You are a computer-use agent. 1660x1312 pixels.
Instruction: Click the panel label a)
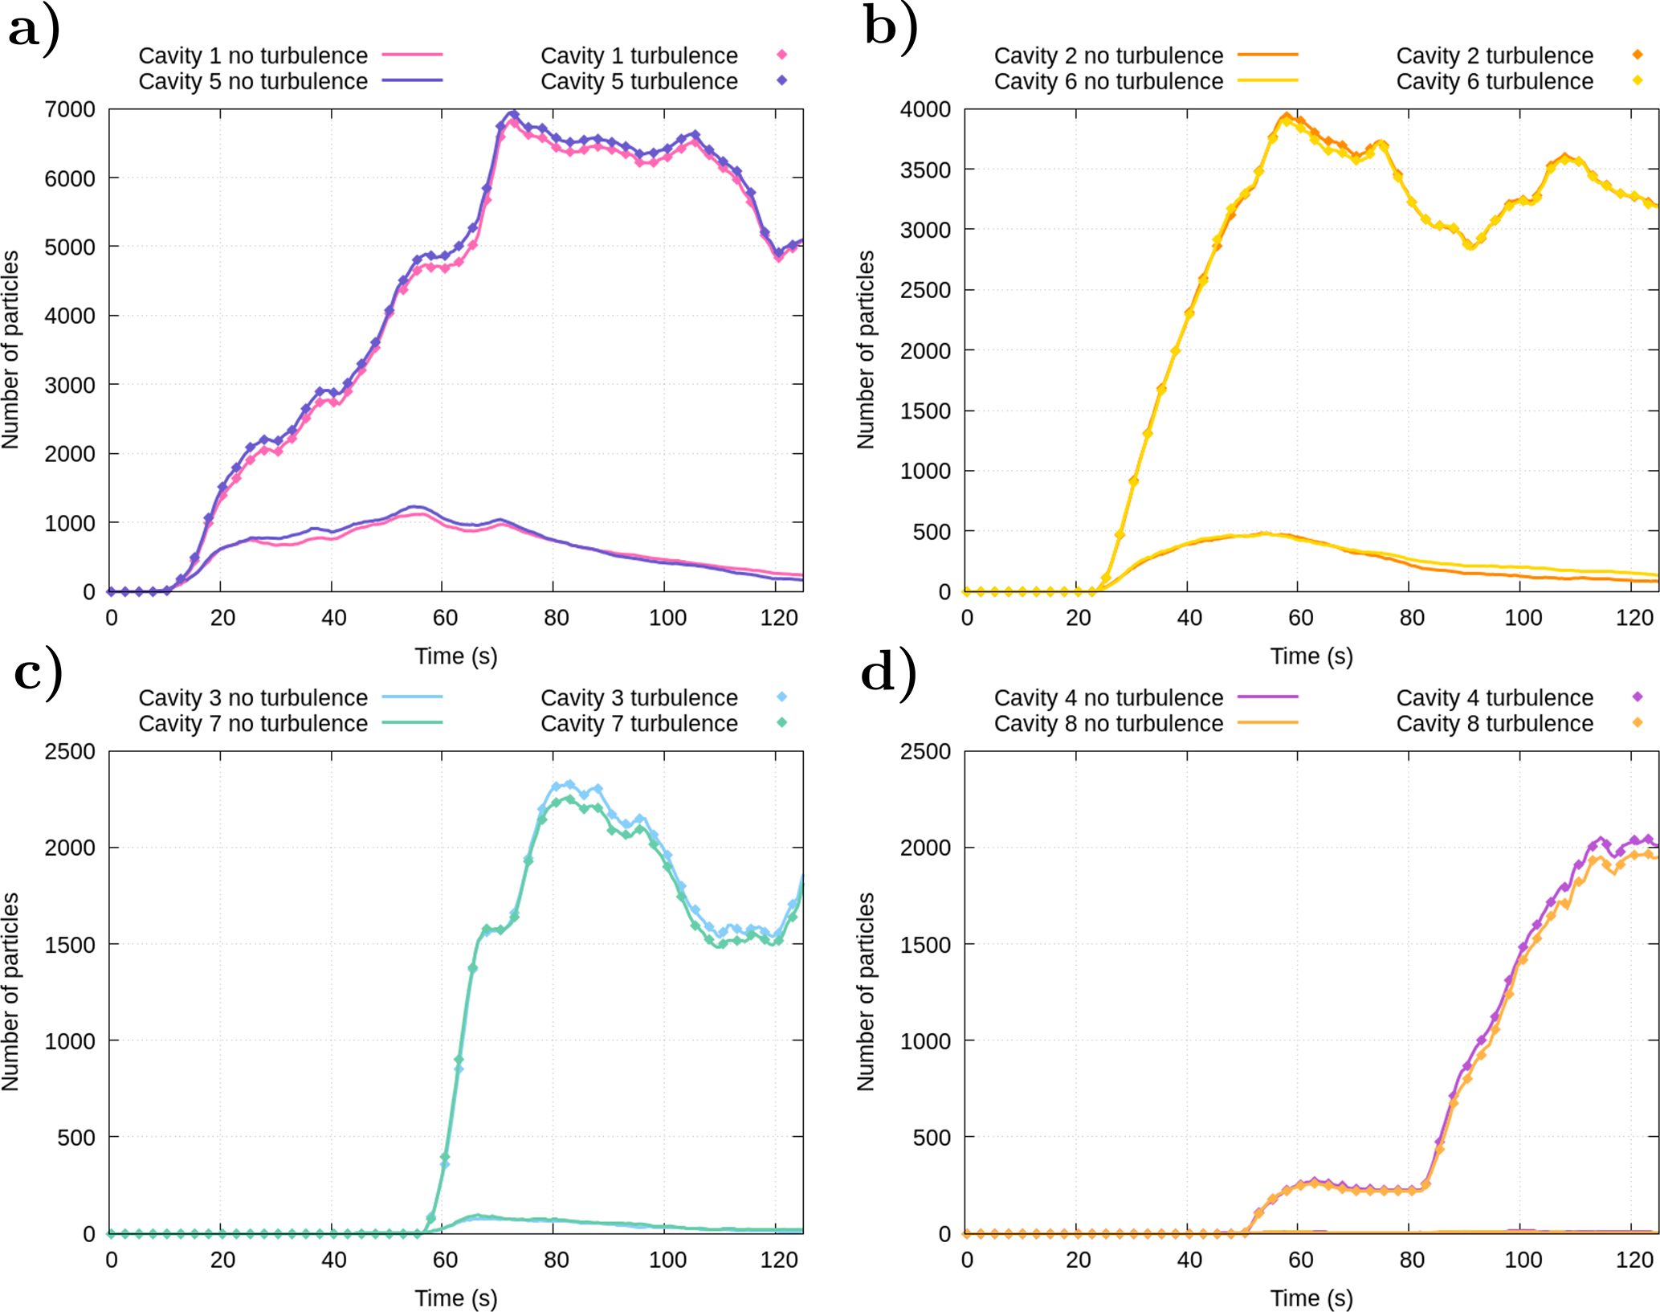tap(34, 31)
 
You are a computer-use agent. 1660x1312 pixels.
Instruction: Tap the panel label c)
tap(38, 673)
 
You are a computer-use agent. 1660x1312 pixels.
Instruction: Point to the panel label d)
tap(888, 673)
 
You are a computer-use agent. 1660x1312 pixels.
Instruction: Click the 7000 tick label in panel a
tap(70, 109)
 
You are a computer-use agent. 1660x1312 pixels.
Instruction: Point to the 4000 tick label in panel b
tap(925, 109)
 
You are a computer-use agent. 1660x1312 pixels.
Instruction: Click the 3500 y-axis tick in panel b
tap(925, 170)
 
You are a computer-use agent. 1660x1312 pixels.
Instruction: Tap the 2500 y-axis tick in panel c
tap(70, 751)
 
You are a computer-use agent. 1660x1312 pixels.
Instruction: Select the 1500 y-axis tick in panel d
tap(925, 944)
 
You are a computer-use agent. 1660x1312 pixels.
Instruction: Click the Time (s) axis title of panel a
tap(455, 656)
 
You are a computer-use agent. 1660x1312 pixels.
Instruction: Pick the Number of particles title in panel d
tap(865, 991)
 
